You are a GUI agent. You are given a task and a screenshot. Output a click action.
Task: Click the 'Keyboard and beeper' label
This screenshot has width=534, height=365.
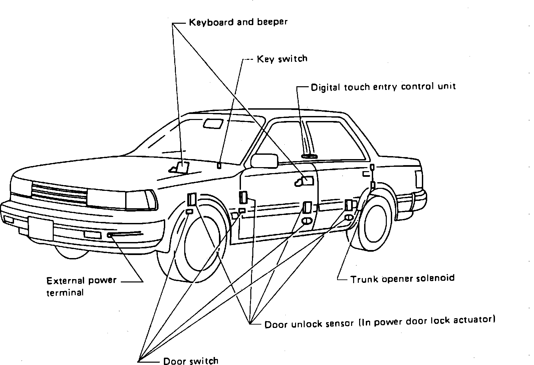(238, 22)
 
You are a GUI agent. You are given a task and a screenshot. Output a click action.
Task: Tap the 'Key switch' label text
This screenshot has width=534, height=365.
(282, 59)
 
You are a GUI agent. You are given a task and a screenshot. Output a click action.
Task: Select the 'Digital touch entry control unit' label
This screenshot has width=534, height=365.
(383, 87)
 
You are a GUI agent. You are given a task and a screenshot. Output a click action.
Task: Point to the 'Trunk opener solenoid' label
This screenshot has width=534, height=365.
(402, 278)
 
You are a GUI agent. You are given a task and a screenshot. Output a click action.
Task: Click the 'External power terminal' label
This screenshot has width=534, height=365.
(81, 286)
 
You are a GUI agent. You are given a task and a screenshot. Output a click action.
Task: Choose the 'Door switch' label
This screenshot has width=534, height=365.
(191, 361)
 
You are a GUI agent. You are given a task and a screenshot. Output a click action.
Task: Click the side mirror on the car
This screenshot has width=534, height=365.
(264, 161)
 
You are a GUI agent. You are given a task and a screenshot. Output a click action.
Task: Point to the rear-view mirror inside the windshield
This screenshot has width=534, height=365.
(213, 123)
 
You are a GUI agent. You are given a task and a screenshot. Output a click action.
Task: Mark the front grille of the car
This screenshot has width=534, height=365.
(59, 194)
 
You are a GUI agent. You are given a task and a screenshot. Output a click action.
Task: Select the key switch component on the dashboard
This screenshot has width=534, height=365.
(219, 165)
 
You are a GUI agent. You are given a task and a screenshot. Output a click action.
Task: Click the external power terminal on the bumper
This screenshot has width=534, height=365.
(109, 235)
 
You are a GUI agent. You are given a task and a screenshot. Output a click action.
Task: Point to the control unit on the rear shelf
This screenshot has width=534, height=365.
(309, 156)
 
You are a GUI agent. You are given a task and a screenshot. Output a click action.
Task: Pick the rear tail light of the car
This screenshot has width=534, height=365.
(419, 179)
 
